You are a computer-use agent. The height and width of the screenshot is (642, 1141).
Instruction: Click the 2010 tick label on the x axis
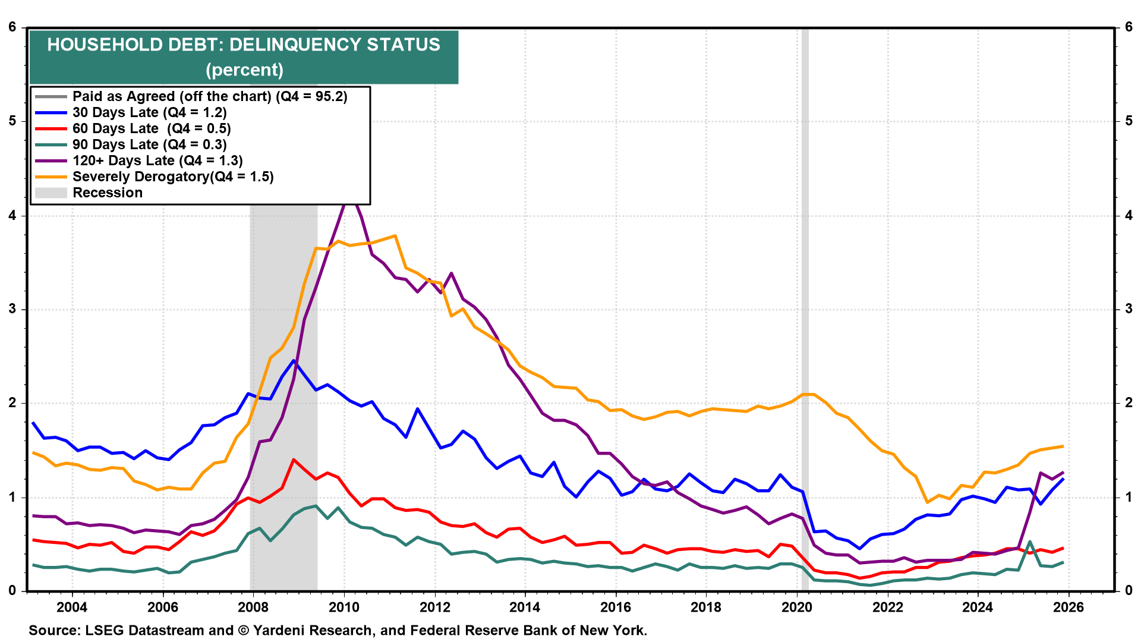pos(344,607)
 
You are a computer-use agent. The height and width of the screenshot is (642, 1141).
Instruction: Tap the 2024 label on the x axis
pos(978,607)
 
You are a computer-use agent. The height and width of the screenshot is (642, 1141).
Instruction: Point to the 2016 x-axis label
pos(616,607)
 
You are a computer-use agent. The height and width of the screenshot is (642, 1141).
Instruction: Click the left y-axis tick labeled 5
pos(12,121)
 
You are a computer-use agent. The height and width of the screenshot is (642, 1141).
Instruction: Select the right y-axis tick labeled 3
pos(1129,309)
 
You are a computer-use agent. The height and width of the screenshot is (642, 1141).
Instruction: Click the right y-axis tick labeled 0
pos(1129,591)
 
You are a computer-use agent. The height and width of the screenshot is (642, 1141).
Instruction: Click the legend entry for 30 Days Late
pos(149,112)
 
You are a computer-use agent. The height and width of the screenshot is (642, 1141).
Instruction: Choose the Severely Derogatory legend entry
pos(172,177)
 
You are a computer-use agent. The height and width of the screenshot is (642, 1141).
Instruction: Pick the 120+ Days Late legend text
pos(157,160)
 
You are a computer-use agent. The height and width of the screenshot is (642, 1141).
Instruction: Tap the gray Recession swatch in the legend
pos(51,193)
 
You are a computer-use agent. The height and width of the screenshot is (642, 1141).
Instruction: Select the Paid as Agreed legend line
pos(51,96)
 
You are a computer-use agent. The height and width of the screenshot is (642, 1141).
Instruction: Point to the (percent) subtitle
pos(244,70)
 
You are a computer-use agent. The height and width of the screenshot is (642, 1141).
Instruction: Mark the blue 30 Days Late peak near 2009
pos(294,361)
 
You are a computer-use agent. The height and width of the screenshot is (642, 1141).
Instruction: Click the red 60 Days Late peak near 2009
pos(294,460)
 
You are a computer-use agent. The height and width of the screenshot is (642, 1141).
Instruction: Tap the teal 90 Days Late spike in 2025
pos(1030,542)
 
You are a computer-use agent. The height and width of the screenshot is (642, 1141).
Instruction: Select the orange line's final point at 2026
pos(1063,446)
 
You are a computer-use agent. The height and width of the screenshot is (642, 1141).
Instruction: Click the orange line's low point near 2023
pos(927,502)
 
